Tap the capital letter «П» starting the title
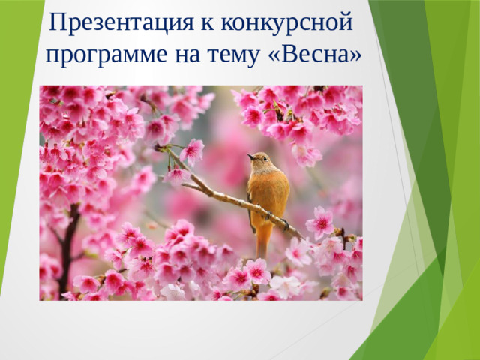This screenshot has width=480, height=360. point(56,23)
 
